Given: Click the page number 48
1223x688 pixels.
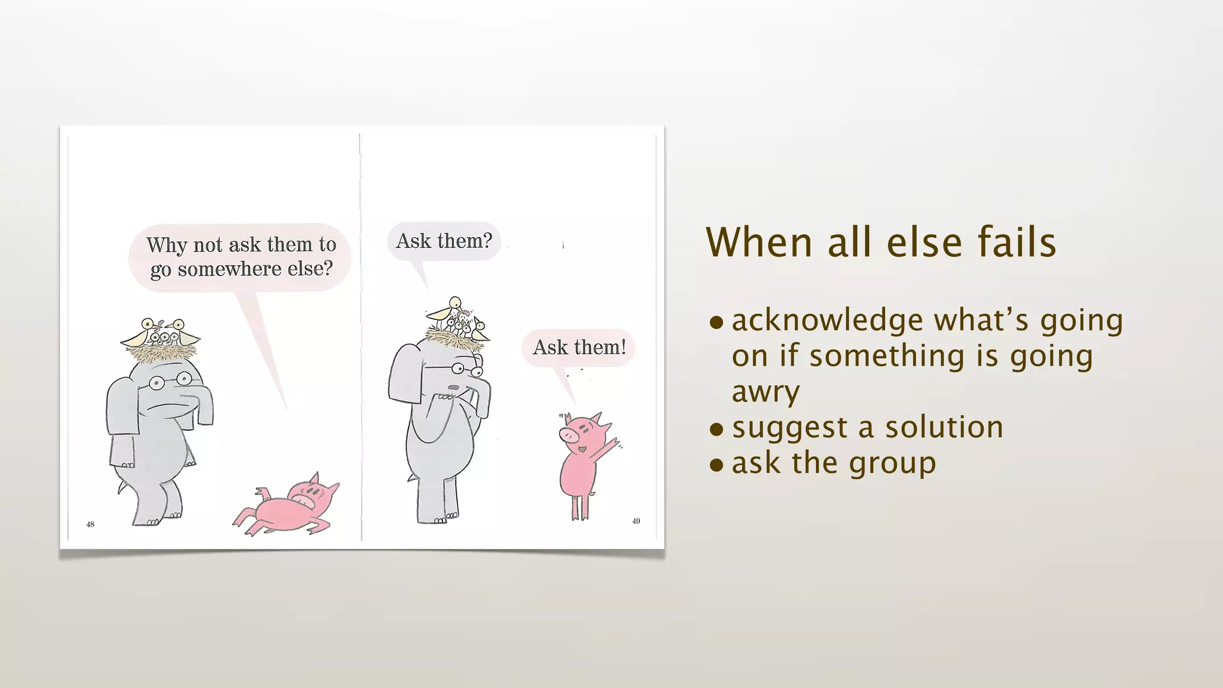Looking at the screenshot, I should tap(90, 524).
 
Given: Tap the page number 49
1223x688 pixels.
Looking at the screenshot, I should tap(636, 521).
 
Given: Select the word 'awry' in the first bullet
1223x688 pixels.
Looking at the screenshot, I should tap(766, 392).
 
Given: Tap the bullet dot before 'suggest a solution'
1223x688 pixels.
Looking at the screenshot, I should tap(716, 429).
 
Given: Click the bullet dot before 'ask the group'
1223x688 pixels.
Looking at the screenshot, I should tap(716, 465).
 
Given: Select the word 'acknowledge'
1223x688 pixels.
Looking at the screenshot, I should tap(828, 321).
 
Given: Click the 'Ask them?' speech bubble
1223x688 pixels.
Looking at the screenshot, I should tap(444, 241).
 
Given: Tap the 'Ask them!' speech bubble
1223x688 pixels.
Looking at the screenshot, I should tap(579, 347).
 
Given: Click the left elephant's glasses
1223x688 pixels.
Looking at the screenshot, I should tap(170, 380).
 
